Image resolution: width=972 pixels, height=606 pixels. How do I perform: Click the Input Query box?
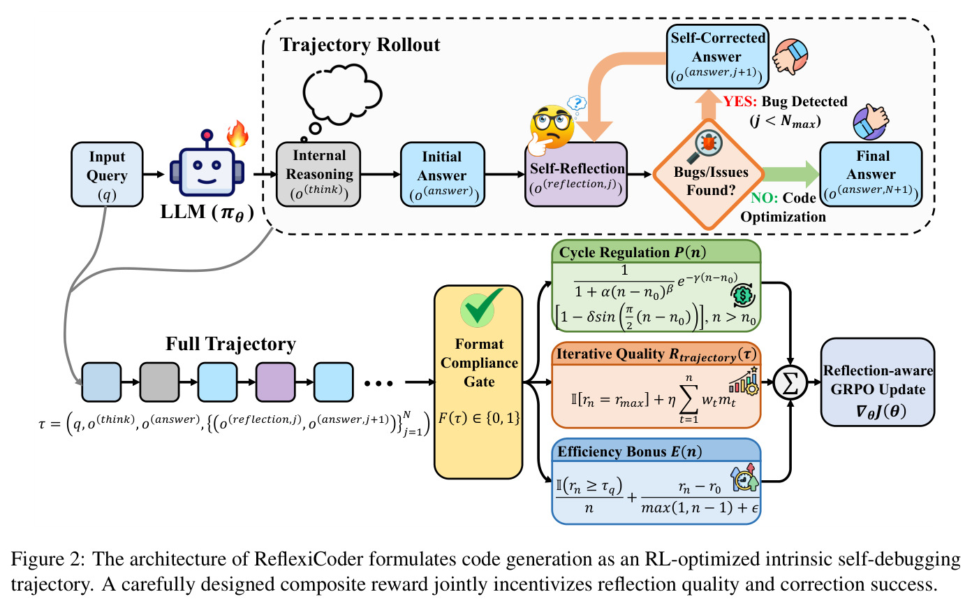[107, 174]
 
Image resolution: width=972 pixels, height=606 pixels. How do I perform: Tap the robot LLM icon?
[207, 164]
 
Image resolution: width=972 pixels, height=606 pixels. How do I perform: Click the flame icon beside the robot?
[237, 134]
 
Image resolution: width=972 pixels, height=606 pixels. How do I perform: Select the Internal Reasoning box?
[318, 174]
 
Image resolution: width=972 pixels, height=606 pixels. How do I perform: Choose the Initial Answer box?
[442, 174]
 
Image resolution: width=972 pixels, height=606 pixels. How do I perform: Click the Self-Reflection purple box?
[576, 174]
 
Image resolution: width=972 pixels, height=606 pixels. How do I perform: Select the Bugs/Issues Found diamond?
[709, 175]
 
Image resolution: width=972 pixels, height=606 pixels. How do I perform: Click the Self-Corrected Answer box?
[717, 57]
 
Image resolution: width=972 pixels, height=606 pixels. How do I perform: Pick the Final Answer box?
[871, 174]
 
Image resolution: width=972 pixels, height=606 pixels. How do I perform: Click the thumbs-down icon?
[790, 57]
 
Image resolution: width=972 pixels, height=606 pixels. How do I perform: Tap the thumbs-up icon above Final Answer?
[871, 122]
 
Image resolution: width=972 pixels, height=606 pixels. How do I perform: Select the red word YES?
[740, 101]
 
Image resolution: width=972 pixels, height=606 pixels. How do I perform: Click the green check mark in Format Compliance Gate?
[481, 307]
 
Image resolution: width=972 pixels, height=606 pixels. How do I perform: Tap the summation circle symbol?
[790, 383]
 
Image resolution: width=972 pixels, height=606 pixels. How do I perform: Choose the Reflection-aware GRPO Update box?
[878, 382]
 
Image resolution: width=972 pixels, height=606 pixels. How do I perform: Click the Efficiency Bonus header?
[656, 451]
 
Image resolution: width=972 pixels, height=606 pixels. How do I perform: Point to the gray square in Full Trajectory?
[159, 382]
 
